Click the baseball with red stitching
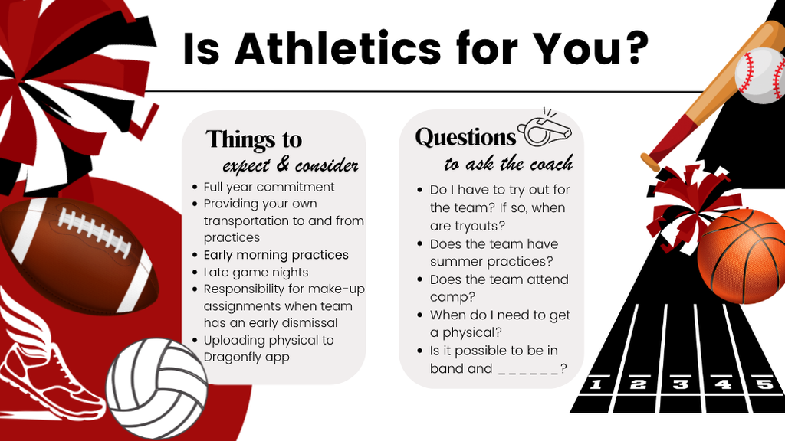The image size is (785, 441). tap(760, 74)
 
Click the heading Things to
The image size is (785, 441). tap(254, 140)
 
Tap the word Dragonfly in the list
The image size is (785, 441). tap(232, 357)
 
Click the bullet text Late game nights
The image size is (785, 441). tap(255, 272)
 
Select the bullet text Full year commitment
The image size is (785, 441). tap(268, 187)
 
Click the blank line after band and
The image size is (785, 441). tap(528, 368)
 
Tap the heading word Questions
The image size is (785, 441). tap(465, 138)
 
